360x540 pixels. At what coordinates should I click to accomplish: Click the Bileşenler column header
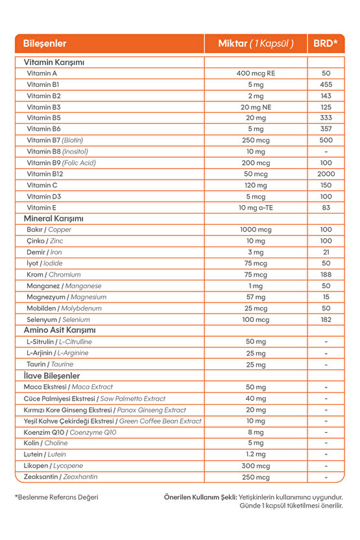(45, 44)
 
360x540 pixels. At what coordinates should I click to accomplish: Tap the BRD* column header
(326, 44)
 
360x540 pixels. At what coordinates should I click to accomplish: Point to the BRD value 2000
(326, 174)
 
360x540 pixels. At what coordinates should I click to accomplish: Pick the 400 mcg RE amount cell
(256, 73)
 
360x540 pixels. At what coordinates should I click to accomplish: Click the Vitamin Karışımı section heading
(54, 62)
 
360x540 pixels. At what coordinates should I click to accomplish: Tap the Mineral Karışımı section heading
(54, 219)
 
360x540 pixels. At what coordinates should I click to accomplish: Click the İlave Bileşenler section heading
(52, 376)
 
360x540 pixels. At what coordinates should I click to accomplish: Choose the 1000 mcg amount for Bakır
(256, 230)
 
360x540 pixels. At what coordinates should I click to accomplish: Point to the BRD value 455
(326, 84)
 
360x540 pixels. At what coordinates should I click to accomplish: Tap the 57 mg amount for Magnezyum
(256, 297)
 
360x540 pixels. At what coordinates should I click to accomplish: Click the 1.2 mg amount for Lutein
(256, 454)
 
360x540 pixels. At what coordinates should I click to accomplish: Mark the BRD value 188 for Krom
(326, 275)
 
